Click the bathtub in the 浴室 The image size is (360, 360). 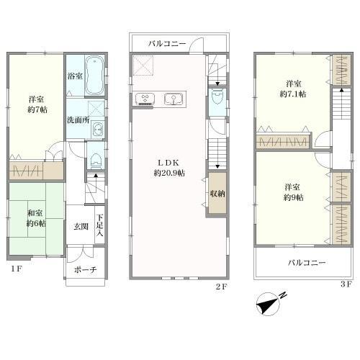(95, 76)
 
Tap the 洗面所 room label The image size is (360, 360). (78, 120)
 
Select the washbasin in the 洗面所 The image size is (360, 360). (97, 130)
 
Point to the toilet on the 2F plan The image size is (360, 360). (217, 96)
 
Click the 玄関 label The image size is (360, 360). (81, 226)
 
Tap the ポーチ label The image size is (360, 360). (85, 269)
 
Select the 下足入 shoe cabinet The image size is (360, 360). (100, 225)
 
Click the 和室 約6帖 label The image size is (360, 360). (36, 218)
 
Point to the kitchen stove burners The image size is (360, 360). (145, 99)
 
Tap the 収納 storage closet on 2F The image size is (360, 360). (217, 193)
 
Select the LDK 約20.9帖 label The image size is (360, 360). (169, 168)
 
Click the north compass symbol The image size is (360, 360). (269, 304)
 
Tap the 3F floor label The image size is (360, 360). (346, 284)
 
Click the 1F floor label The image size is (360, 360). (17, 269)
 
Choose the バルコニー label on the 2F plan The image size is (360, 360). (167, 44)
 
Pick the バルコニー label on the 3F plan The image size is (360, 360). (307, 263)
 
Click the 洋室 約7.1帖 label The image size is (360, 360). (293, 89)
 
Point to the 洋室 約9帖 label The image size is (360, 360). (293, 192)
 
